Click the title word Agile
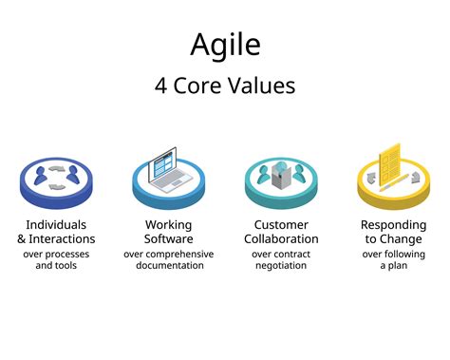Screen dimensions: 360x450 224,45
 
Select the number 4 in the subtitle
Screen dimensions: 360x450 160,85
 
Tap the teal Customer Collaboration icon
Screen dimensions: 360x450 281,180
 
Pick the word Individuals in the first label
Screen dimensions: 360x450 56,225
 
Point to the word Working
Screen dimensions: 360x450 168,225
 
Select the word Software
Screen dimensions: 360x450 168,238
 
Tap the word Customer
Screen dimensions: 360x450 281,225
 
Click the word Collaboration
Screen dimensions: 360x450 281,238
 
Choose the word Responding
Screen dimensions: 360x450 393,225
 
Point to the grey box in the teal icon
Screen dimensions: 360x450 281,175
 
